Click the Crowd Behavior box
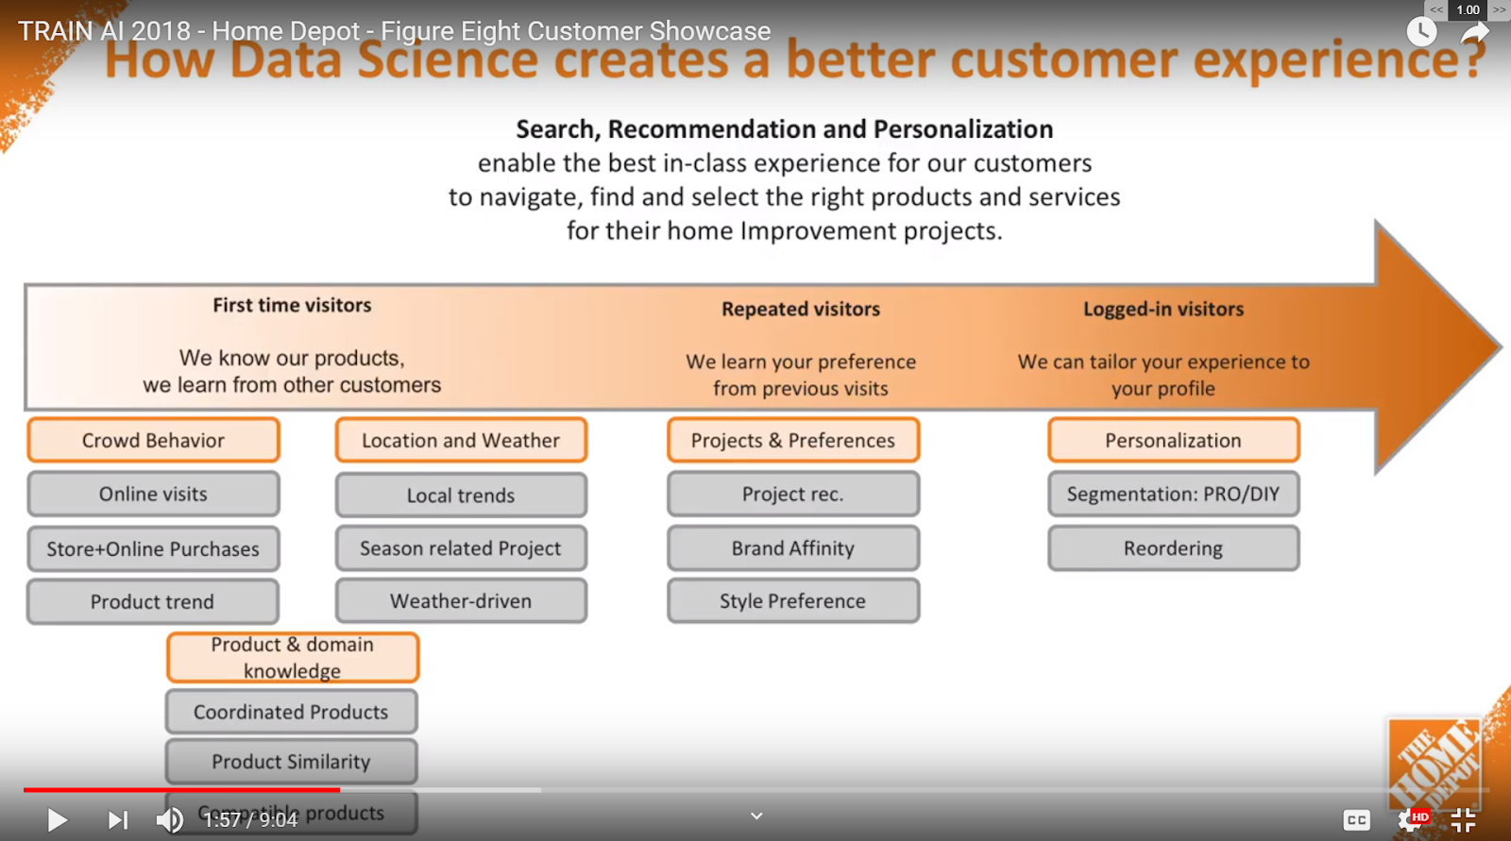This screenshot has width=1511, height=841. pos(153,440)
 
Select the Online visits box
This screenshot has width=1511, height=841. pos(153,494)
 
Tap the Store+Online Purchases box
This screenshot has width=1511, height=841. pos(153,548)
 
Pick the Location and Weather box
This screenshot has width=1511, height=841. pos(461,440)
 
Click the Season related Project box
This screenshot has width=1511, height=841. pos(461,548)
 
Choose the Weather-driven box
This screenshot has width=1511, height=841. pos(461,601)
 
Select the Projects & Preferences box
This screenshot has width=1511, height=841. pos(793,440)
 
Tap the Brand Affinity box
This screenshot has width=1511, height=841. pos(793,548)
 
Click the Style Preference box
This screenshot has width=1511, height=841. pos(793,601)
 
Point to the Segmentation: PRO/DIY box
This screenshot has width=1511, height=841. pos(1173,494)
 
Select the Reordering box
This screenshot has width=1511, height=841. pos(1173,548)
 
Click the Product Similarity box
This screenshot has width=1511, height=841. pos(291,762)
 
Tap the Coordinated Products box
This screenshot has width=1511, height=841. pos(291,712)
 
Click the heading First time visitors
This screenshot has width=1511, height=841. pos(292,305)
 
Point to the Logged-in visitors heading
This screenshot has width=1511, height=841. pos(1163,309)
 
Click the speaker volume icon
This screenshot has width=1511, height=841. pos(170,819)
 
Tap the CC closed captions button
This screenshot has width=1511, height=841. pos(1357,820)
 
